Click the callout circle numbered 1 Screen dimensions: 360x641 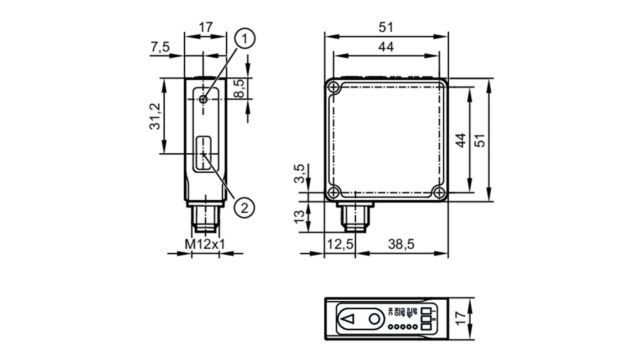click(245, 39)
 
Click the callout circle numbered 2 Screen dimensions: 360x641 click(244, 208)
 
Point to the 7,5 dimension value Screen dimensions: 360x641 click(160, 47)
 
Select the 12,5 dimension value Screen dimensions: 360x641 click(340, 244)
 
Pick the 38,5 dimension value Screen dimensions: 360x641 click(401, 244)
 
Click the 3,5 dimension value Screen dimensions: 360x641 click(299, 173)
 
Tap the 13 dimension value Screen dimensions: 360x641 click(299, 217)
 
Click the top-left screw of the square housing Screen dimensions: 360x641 click(334, 87)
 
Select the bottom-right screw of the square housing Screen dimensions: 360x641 click(439, 192)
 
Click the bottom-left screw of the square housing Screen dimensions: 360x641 click(334, 192)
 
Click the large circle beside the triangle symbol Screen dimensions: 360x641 click(374, 319)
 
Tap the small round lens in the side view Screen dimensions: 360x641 click(203, 99)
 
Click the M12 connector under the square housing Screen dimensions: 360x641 click(355, 218)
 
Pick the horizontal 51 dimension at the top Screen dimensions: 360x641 click(386, 28)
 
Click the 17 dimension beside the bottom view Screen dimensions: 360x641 click(461, 319)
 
